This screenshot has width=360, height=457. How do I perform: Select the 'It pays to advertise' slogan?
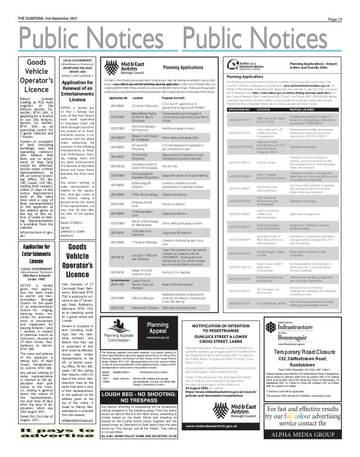(x=32, y=437)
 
